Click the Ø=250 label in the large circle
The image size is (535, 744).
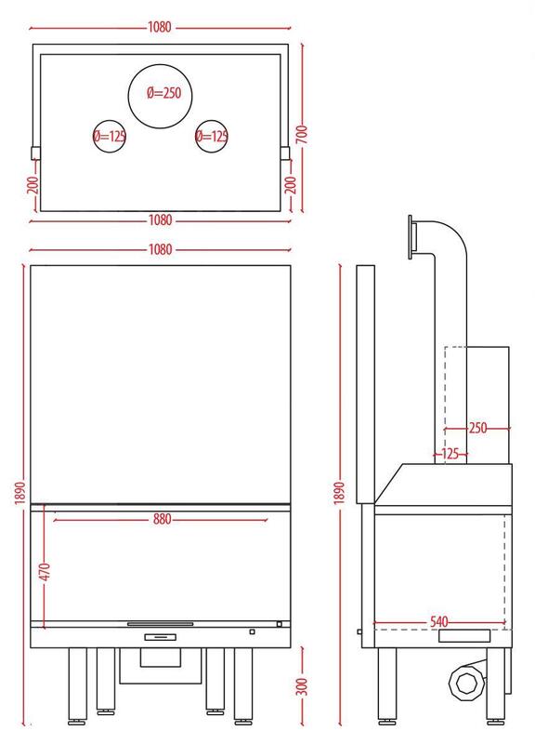tap(163, 93)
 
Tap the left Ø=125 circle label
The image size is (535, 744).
tap(110, 137)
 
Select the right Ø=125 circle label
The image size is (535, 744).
tap(212, 137)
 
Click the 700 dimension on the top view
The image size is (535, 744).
tap(302, 134)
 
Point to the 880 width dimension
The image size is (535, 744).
tap(162, 519)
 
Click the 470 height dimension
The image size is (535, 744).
tap(44, 573)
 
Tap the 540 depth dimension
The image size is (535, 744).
tap(438, 621)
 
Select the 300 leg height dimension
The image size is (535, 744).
tap(302, 686)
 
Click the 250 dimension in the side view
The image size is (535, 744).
tap(477, 428)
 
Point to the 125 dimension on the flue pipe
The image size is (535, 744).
tap(450, 454)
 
